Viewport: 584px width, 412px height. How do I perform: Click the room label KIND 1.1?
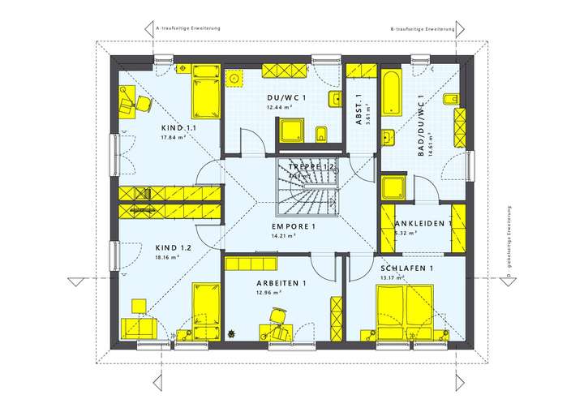178,128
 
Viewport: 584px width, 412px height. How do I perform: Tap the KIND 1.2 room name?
174,247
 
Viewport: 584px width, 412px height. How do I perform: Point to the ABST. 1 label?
359,109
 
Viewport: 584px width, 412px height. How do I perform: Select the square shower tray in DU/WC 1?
290,131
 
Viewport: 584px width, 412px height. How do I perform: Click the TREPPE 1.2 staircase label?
312,166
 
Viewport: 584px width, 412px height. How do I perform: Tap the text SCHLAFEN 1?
407,268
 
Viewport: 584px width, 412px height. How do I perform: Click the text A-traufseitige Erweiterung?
187,28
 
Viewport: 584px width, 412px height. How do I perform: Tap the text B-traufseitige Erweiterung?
422,28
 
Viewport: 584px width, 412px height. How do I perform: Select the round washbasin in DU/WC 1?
235,79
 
